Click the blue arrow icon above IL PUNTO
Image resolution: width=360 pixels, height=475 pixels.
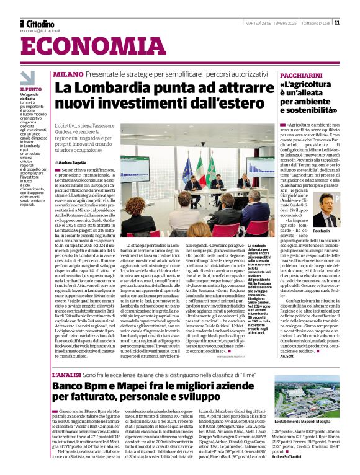pyautogui.click(x=27, y=78)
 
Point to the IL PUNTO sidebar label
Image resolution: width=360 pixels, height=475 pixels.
pyautogui.click(x=30, y=89)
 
